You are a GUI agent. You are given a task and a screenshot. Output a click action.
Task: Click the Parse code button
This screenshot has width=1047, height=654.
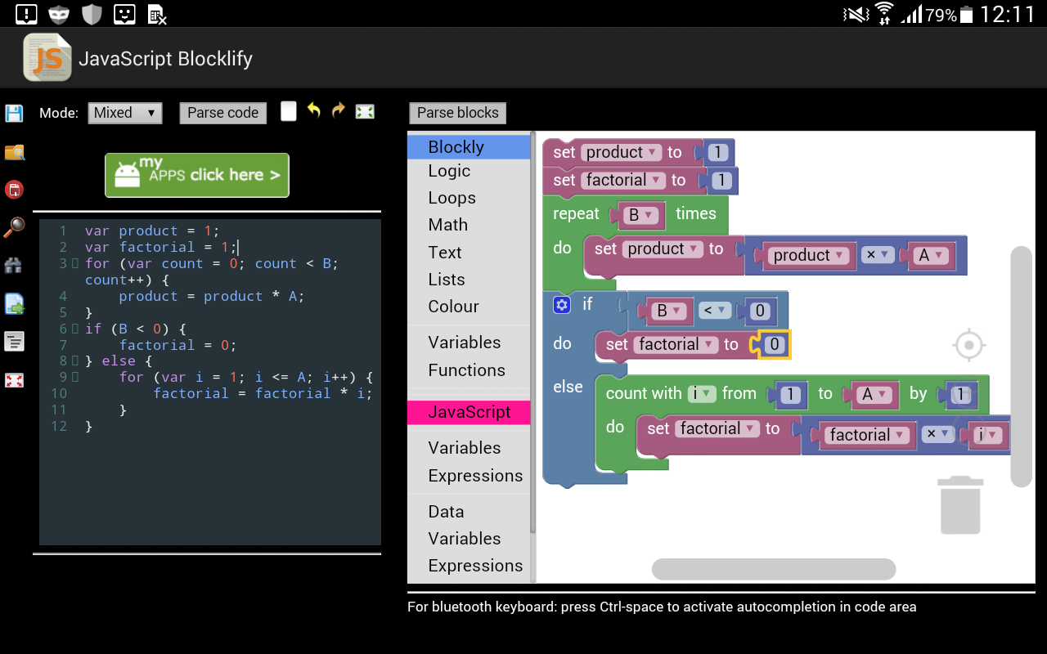tap(223, 113)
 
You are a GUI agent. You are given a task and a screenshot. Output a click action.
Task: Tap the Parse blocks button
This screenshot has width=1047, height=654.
tap(457, 113)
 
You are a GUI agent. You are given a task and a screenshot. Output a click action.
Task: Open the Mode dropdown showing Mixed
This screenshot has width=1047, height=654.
tap(125, 113)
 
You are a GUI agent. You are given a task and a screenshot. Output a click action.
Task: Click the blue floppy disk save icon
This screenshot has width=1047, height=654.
tap(14, 114)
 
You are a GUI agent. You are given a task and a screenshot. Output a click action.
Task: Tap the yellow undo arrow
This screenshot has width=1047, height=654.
tap(314, 110)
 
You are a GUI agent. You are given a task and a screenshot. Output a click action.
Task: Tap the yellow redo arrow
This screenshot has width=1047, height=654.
tap(339, 110)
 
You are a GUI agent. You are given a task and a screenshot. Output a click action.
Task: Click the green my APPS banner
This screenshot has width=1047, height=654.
tap(197, 175)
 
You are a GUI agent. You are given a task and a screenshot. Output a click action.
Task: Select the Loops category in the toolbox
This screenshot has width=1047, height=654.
tap(452, 198)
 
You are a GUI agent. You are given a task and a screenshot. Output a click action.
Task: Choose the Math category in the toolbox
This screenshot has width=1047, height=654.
tap(447, 225)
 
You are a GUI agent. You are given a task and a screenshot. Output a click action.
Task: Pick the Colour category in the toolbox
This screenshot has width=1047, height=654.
tap(453, 307)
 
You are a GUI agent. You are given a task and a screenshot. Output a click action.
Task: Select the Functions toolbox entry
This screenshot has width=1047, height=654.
tap(466, 370)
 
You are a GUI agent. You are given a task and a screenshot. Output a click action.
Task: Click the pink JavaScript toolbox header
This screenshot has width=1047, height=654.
tap(469, 413)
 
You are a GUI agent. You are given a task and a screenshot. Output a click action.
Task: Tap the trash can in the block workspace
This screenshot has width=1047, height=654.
tap(960, 505)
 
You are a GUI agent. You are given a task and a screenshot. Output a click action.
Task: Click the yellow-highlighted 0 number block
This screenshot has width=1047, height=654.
tap(774, 345)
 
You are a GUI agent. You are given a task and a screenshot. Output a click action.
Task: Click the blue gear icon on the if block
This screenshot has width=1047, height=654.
tap(562, 305)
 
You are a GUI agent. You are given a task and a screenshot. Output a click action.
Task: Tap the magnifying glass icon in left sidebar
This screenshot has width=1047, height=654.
tap(14, 227)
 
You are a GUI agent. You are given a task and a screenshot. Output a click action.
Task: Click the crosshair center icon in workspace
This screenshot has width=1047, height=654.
tap(969, 345)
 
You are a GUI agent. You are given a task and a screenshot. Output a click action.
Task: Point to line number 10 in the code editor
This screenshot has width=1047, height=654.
tap(59, 394)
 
